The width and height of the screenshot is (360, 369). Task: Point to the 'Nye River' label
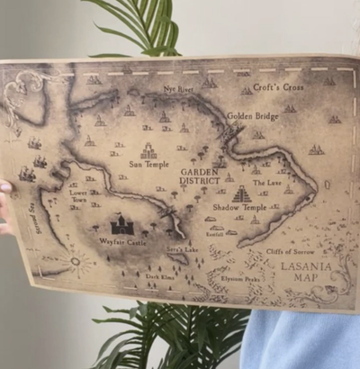point(180,90)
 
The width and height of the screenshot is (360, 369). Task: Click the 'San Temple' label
point(148,165)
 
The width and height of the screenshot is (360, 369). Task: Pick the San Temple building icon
point(148,151)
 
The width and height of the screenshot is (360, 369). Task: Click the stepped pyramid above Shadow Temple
point(241,194)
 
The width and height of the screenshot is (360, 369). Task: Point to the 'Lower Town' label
point(78,195)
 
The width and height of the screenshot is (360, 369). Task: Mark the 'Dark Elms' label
point(159,278)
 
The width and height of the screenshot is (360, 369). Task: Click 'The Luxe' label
point(267,183)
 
